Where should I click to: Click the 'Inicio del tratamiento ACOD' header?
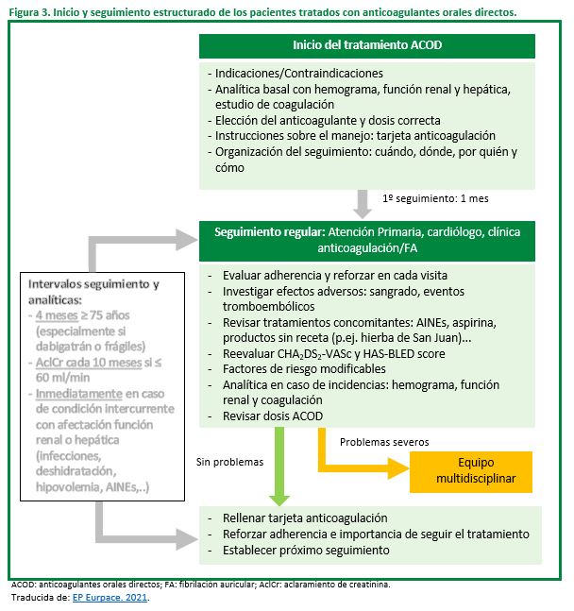click(367, 45)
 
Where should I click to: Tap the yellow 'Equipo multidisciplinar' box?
click(471, 471)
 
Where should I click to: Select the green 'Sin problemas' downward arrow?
click(279, 467)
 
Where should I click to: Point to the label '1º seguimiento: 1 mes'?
click(435, 198)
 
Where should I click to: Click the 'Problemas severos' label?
click(384, 442)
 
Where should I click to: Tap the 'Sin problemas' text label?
click(230, 462)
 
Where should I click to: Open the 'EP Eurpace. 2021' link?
click(110, 598)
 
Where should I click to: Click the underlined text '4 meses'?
click(57, 315)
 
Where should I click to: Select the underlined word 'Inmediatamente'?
click(79, 394)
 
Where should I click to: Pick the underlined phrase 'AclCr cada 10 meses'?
click(89, 363)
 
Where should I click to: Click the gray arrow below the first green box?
click(363, 204)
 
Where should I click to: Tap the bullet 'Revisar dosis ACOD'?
click(273, 416)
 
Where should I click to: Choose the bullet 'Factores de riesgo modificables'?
click(304, 369)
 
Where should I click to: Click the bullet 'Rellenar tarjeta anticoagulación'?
click(305, 518)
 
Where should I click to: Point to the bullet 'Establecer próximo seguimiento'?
click(306, 551)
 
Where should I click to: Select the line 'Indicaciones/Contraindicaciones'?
click(299, 74)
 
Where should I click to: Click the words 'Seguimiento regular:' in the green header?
click(270, 232)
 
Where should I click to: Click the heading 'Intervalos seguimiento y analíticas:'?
click(93, 292)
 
